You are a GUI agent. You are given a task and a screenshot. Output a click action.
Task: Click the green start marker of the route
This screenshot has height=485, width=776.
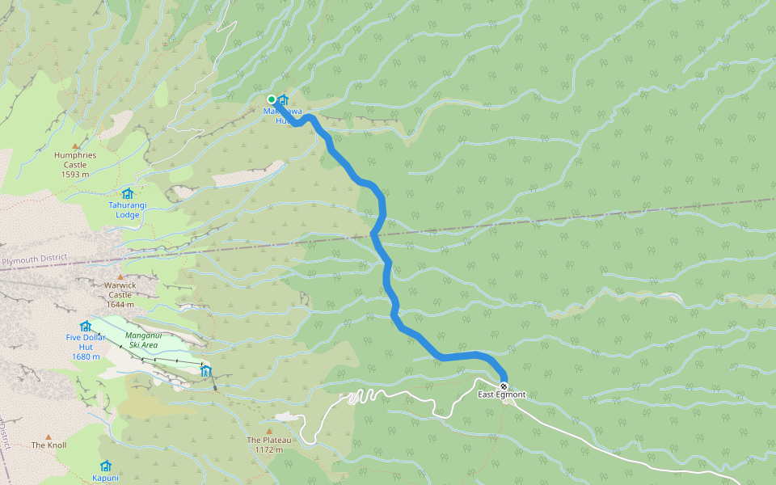click(x=272, y=99)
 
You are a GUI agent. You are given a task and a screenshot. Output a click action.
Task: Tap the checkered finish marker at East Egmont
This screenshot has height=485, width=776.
click(x=504, y=385)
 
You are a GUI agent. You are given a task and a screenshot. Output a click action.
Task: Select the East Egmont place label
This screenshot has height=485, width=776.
click(x=501, y=395)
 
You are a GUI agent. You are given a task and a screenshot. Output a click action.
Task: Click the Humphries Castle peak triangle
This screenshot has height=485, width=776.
click(x=76, y=145)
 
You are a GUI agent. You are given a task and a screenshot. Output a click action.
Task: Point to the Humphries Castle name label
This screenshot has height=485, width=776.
click(x=75, y=159)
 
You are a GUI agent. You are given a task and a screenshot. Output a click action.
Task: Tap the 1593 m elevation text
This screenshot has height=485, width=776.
click(x=75, y=174)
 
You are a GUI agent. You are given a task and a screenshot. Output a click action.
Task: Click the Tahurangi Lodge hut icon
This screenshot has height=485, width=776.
click(x=127, y=194)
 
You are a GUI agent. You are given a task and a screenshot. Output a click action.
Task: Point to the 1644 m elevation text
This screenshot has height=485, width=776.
click(x=119, y=305)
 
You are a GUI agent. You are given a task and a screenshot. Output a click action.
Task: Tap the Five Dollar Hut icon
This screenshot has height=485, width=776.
click(x=85, y=326)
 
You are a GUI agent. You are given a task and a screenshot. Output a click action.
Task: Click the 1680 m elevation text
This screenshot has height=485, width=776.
click(x=85, y=356)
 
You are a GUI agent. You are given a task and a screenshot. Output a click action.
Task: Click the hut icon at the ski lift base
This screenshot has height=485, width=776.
click(x=205, y=371)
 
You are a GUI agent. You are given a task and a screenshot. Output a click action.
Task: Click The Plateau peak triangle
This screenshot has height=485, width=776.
click(x=269, y=431)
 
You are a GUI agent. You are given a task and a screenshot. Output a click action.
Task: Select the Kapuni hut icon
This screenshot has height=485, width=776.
click(x=105, y=466)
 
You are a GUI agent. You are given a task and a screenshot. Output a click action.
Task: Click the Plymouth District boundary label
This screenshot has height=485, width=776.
click(x=33, y=261)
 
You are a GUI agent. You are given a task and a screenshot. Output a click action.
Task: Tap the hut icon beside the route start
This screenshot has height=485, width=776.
click(x=283, y=100)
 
